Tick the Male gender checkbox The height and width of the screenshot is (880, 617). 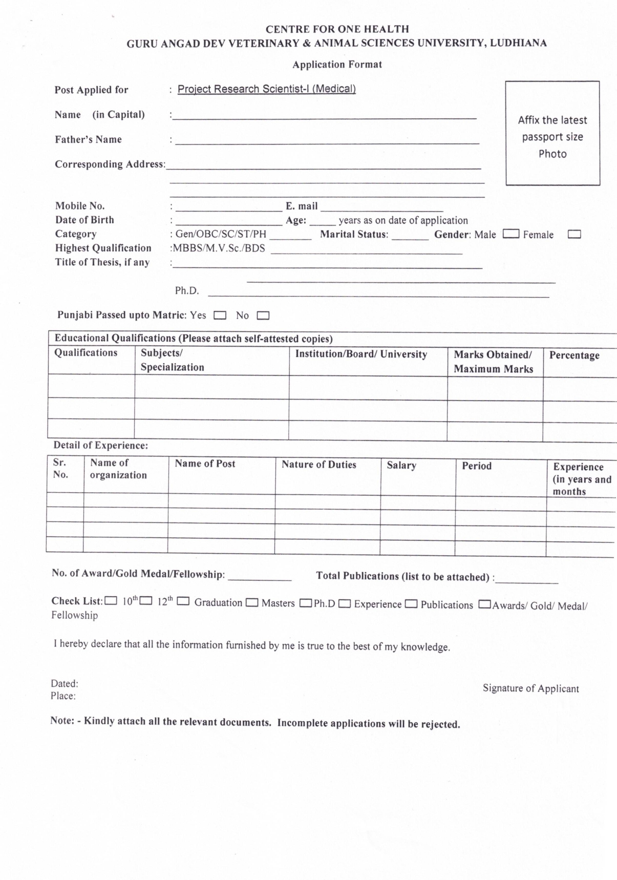[511, 234]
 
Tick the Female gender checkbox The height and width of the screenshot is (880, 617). [575, 235]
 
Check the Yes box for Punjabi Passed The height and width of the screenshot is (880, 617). [220, 316]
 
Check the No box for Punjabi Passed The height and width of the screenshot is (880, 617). [263, 316]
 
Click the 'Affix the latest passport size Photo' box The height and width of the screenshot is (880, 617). [552, 133]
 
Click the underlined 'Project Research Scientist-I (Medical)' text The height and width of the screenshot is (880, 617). [266, 89]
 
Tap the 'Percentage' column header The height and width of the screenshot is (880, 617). [574, 355]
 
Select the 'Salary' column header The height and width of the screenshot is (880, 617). [401, 466]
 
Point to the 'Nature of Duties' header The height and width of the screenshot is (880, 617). [318, 465]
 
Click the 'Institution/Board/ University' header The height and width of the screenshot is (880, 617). [361, 354]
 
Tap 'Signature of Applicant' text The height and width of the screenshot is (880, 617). [530, 688]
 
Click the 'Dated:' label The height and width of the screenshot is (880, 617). [65, 684]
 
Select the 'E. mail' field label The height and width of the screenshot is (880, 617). [302, 206]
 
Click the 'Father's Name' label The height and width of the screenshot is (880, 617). [89, 139]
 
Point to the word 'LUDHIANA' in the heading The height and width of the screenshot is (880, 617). [518, 43]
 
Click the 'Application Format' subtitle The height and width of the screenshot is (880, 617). [337, 65]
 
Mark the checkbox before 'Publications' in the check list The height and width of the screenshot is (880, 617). [411, 604]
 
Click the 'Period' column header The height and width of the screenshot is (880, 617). [476, 466]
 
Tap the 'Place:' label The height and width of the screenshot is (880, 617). [63, 696]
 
